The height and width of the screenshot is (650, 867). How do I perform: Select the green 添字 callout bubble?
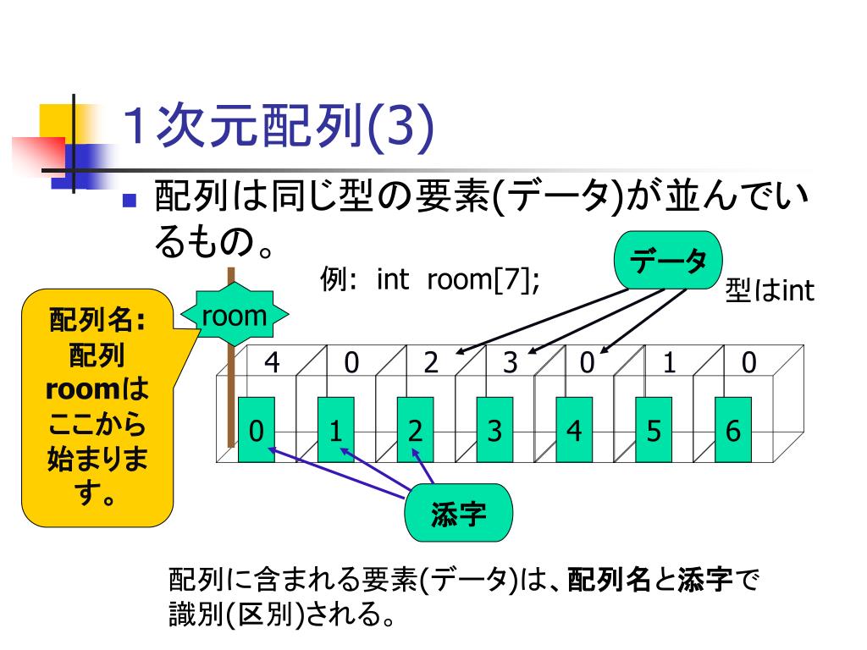(458, 513)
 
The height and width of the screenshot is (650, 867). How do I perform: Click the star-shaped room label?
(234, 317)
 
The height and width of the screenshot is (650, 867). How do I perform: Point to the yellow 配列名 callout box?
(97, 406)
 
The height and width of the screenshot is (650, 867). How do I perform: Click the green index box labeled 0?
(256, 431)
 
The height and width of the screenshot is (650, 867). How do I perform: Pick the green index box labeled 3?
(494, 431)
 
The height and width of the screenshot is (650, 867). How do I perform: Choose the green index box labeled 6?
(732, 431)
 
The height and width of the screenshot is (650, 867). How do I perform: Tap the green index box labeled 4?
(574, 431)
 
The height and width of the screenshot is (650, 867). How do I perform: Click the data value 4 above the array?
(272, 362)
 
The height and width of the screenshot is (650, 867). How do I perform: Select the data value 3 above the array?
(510, 362)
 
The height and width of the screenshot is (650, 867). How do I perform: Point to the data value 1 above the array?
(669, 362)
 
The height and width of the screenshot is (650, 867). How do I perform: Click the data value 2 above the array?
(431, 362)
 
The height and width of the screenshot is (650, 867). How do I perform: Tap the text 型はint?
(769, 291)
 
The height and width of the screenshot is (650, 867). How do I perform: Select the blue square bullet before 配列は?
(130, 201)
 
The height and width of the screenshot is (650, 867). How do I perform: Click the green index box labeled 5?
(653, 431)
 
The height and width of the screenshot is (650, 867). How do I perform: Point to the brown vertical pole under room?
(229, 389)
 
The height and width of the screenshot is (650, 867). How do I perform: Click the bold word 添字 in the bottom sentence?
(704, 581)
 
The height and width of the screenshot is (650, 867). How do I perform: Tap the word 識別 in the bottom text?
(196, 614)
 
